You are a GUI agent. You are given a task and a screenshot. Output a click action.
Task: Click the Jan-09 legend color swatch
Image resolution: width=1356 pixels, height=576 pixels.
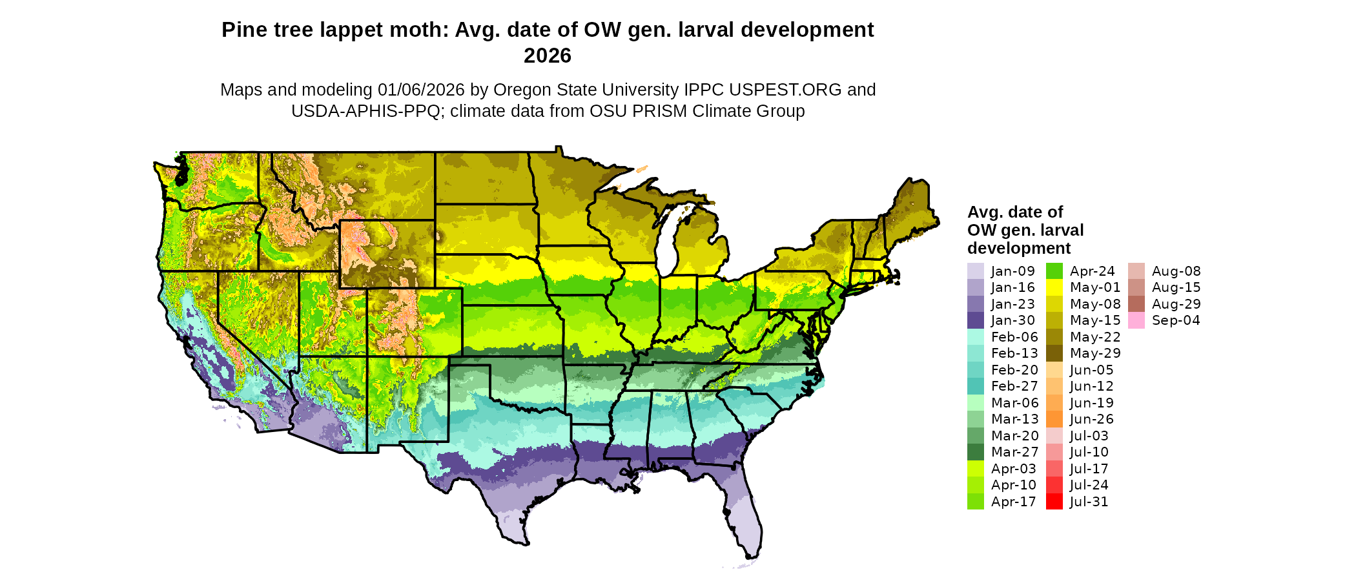(x=975, y=271)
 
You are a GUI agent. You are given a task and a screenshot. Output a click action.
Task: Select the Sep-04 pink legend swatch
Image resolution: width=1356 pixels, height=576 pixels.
(x=1136, y=320)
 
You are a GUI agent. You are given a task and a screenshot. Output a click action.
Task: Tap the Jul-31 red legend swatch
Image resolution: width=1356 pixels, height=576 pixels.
(x=1054, y=502)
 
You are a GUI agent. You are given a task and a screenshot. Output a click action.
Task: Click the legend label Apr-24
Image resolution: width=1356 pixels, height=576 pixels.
(x=1092, y=271)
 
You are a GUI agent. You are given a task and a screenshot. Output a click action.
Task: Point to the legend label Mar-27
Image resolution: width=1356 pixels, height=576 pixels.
(x=1014, y=452)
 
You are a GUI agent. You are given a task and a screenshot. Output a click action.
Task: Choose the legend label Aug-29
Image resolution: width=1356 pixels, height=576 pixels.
(x=1176, y=304)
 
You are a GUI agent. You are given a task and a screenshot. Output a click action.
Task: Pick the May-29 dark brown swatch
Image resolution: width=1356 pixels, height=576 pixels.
(x=1054, y=353)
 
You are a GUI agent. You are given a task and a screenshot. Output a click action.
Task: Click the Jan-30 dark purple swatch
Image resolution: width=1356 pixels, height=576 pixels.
(x=975, y=320)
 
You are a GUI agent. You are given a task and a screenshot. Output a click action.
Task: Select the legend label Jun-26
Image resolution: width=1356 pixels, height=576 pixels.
(x=1091, y=419)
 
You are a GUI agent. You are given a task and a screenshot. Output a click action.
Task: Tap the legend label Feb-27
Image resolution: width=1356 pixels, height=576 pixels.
(x=1014, y=386)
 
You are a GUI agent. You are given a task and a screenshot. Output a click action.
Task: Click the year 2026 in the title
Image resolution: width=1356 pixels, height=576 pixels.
(x=548, y=56)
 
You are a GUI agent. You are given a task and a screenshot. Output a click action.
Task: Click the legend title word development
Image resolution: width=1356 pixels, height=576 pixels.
(x=1018, y=248)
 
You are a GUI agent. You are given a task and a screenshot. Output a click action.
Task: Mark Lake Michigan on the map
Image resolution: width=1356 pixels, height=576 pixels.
(x=672, y=239)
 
